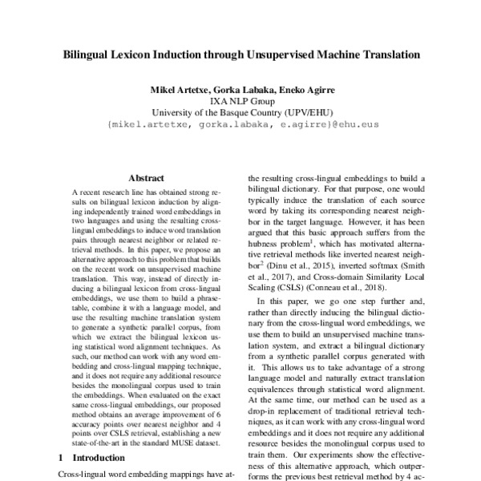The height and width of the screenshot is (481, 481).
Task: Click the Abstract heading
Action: (x=146, y=178)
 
